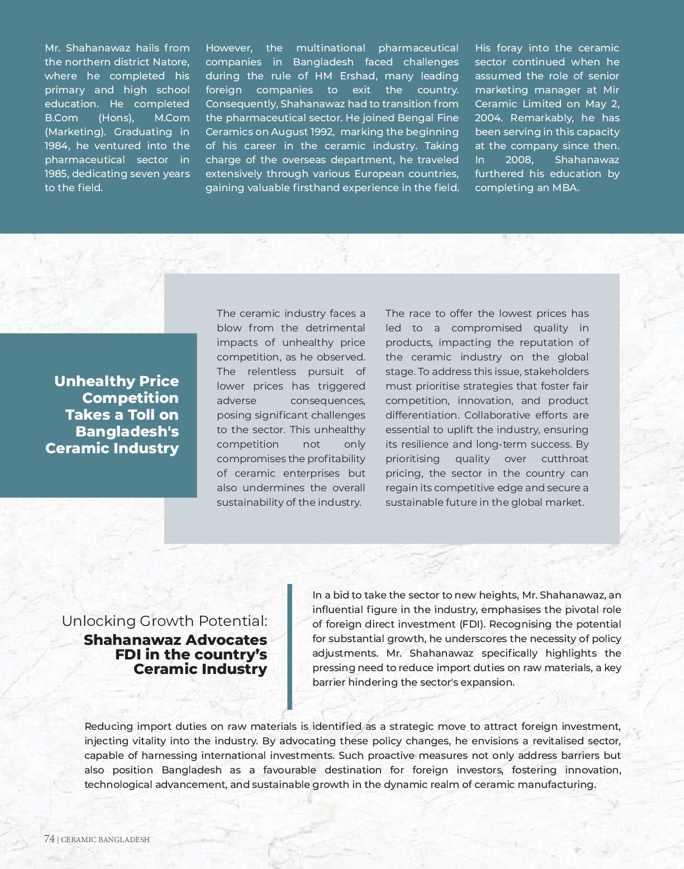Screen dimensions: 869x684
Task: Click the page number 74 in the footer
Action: click(x=49, y=839)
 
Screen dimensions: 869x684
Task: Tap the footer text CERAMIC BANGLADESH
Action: click(x=105, y=839)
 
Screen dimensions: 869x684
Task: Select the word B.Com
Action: click(x=61, y=118)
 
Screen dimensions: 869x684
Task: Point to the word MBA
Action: click(x=565, y=188)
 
